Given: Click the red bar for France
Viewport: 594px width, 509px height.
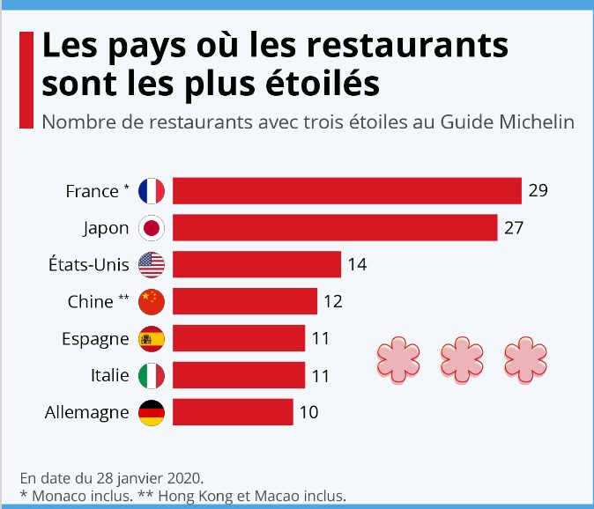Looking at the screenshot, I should pyautogui.click(x=347, y=191).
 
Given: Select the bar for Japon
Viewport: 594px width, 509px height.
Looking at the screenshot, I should pyautogui.click(x=335, y=228).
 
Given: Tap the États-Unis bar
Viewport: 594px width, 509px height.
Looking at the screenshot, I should pyautogui.click(x=256, y=264).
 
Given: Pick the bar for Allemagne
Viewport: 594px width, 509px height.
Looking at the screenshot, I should pyautogui.click(x=233, y=411).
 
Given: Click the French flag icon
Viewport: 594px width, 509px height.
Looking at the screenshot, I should pyautogui.click(x=152, y=191).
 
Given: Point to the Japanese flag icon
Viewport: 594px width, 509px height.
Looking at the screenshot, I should pyautogui.click(x=152, y=228).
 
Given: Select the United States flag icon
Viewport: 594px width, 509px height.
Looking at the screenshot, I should pyautogui.click(x=152, y=264).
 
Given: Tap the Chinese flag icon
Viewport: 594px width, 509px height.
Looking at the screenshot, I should pyautogui.click(x=152, y=301).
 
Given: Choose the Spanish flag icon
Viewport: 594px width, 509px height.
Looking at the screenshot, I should pyautogui.click(x=152, y=338).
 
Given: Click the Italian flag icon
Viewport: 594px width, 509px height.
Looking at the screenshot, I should pyautogui.click(x=152, y=375).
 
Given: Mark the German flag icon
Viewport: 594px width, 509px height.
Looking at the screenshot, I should pyautogui.click(x=152, y=411).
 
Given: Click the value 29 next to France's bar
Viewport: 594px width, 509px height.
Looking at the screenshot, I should pyautogui.click(x=538, y=191).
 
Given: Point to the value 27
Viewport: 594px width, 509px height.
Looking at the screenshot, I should pyautogui.click(x=514, y=228).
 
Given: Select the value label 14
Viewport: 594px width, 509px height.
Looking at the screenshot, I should pyautogui.click(x=357, y=264).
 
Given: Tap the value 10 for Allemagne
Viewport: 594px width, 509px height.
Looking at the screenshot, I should pyautogui.click(x=308, y=411).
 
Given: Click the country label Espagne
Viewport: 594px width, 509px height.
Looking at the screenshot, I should pyautogui.click(x=96, y=339).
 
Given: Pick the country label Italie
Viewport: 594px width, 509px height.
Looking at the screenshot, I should pyautogui.click(x=109, y=375).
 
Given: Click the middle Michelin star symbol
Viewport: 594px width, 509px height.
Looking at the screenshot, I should pyautogui.click(x=459, y=358).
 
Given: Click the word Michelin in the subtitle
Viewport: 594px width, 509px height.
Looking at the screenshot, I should pyautogui.click(x=538, y=122).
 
